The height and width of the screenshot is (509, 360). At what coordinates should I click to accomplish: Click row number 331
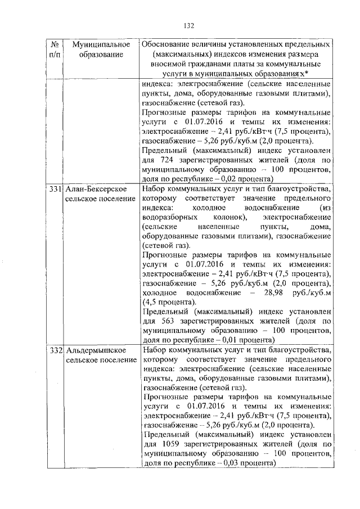55,189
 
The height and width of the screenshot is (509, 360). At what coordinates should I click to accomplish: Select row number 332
55,350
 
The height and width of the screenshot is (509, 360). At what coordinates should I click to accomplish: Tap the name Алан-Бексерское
96,189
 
